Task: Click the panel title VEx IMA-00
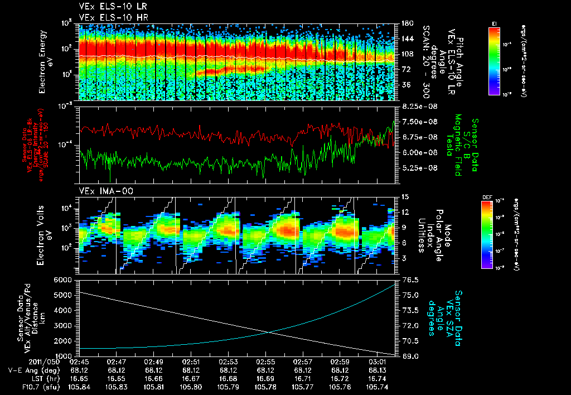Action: [100, 191]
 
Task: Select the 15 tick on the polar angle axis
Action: [404, 196]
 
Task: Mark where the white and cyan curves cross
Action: [270, 333]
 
